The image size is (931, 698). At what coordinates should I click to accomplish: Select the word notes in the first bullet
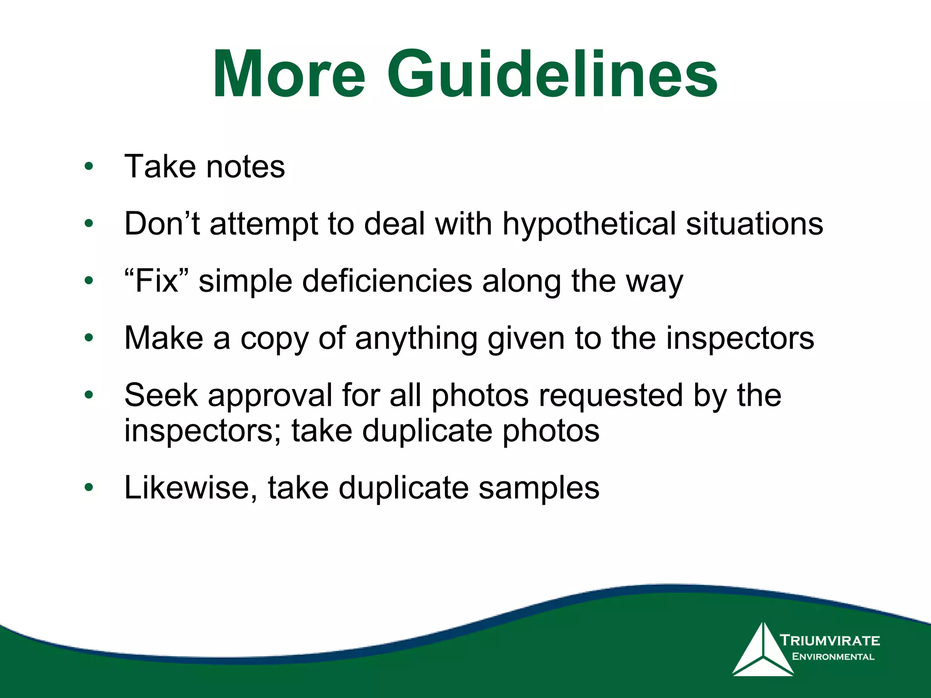click(245, 167)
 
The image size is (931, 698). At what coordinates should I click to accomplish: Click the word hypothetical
click(589, 224)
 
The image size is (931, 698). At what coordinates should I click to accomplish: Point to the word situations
click(754, 224)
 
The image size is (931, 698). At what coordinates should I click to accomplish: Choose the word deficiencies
click(387, 281)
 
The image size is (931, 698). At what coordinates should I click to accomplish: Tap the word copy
click(275, 339)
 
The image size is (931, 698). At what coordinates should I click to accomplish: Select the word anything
click(416, 339)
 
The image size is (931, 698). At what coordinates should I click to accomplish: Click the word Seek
click(161, 395)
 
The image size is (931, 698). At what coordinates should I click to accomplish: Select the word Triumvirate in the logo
click(830, 641)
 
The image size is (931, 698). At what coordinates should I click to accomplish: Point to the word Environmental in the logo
click(833, 657)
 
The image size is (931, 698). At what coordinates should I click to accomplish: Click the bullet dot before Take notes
click(89, 166)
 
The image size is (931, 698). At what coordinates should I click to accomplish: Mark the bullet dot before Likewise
click(89, 488)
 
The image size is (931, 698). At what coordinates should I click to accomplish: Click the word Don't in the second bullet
click(162, 224)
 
